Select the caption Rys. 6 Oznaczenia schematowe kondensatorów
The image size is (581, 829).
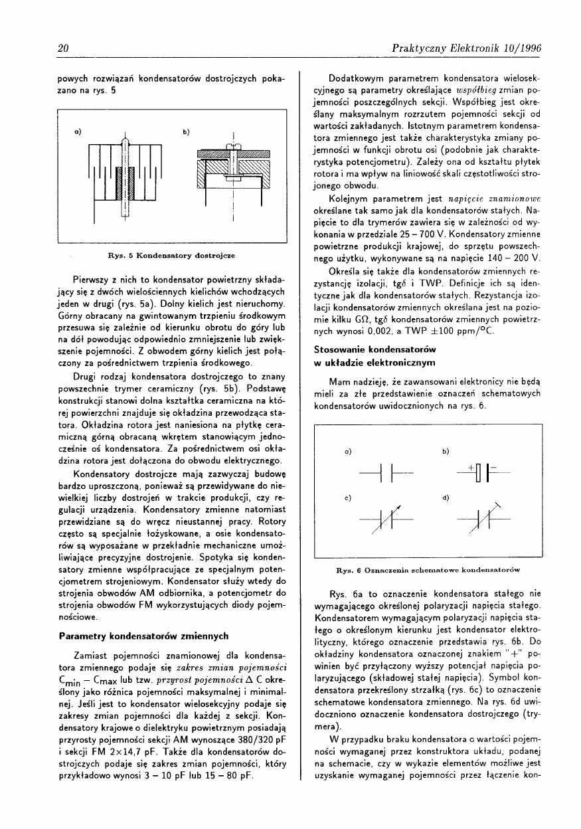pyautogui.click(x=428, y=569)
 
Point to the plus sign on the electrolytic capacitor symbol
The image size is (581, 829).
pyautogui.click(x=469, y=468)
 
